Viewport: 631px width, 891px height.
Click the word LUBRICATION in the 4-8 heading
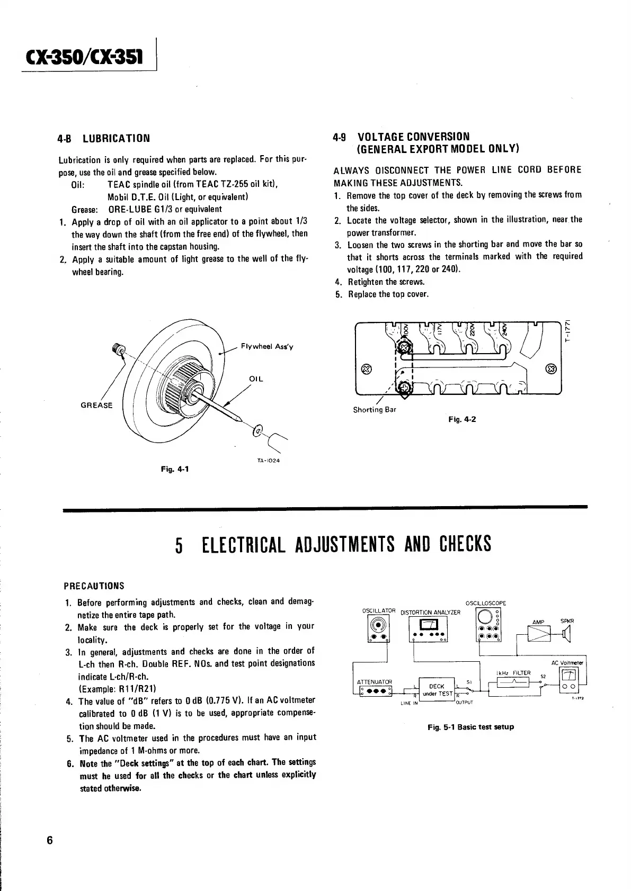tap(117, 139)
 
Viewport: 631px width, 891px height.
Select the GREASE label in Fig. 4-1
tap(96, 406)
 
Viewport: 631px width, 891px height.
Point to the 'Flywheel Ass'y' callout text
tap(266, 347)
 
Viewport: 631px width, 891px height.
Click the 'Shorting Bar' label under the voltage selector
tap(374, 410)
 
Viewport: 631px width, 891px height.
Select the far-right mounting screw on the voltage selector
tap(550, 369)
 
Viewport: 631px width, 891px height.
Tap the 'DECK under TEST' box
tap(437, 690)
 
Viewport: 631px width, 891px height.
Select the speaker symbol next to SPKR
tap(567, 633)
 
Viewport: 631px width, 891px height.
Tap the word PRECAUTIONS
tap(94, 586)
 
